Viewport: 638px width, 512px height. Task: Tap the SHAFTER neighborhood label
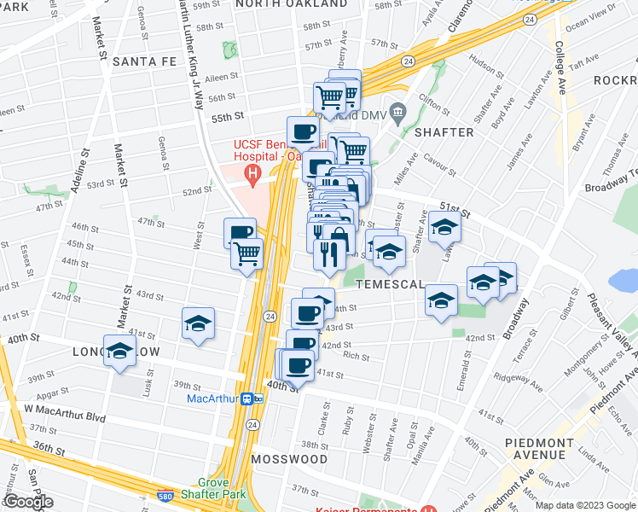(444, 132)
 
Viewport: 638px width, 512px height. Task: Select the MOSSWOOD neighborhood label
(289, 459)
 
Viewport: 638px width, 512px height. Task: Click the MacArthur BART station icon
(251, 399)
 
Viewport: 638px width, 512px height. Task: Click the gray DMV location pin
(397, 113)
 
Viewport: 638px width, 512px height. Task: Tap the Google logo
(28, 502)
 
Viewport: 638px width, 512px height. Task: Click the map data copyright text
(586, 505)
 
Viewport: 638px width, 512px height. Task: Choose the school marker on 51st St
(444, 228)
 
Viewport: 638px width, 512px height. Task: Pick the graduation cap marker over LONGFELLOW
(119, 351)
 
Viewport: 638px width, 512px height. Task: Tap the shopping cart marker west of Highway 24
(246, 253)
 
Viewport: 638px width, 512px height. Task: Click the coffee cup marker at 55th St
(303, 133)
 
